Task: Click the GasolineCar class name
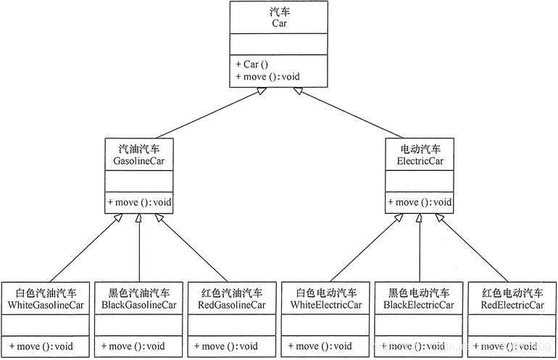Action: pos(139,162)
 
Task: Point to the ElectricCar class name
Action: pos(420,162)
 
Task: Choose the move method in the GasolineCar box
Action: pos(139,202)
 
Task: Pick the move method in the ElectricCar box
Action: pos(420,202)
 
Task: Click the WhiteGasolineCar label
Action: pos(46,305)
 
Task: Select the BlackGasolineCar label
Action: pos(139,305)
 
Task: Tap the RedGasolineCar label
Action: pos(231,305)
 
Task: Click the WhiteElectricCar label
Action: pos(326,305)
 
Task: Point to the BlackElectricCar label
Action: pos(420,305)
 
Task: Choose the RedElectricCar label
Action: pos(512,305)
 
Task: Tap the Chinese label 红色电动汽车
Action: pos(512,293)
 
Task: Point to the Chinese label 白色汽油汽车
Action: pos(46,293)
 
